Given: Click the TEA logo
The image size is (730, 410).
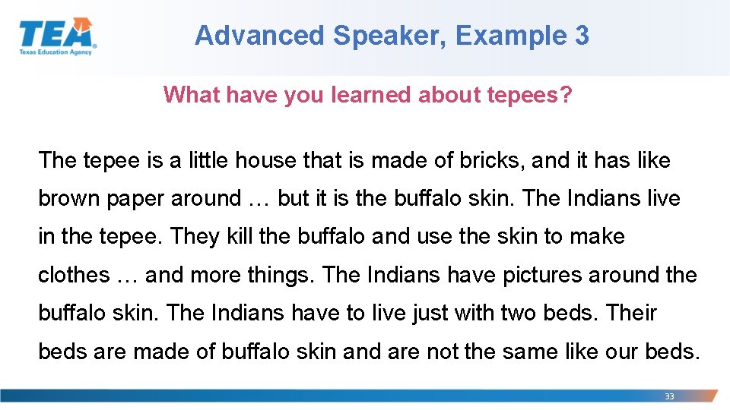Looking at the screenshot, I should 57,36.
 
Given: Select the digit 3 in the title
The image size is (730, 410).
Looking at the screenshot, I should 581,35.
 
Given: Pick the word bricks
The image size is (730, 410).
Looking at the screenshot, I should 484,160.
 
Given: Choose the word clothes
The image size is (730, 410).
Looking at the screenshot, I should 74,274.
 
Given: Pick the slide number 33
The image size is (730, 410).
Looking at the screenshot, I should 669,396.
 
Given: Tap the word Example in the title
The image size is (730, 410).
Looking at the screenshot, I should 503,35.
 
